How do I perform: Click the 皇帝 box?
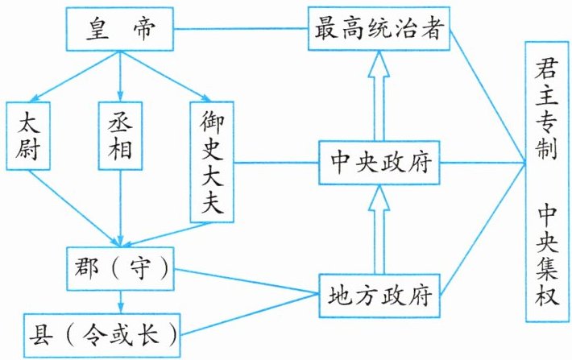120,29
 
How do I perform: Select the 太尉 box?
28,136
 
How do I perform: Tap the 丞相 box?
120,136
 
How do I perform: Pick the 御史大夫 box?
212,162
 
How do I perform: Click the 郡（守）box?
120,269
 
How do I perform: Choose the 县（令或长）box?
102,336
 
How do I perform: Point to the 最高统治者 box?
379,28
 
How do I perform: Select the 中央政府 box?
379,163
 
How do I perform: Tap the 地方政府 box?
379,296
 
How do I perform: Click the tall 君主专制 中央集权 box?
547,182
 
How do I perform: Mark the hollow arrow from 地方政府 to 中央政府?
379,229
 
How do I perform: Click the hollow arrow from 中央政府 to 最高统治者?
379,96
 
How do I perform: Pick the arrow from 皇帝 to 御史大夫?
165,77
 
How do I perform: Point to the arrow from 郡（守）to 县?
121,302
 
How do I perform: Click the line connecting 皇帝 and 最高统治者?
241,29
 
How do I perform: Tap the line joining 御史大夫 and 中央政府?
276,163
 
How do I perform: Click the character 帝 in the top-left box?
144,28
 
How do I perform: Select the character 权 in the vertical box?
547,294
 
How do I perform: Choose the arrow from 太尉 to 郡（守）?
74,209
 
